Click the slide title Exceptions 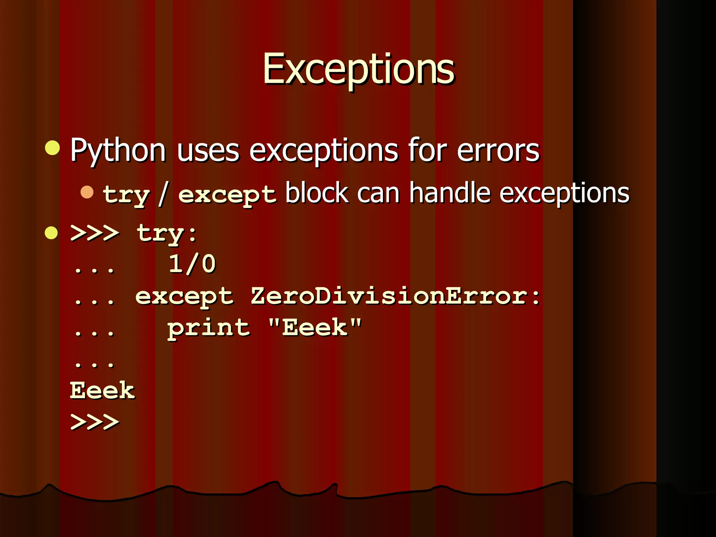358,69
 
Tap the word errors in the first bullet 498,150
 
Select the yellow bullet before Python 52,148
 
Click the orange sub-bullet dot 87,192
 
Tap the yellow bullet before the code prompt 51,233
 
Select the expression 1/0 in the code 192,264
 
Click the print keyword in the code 209,329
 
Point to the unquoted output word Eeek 102,391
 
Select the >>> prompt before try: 95,233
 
